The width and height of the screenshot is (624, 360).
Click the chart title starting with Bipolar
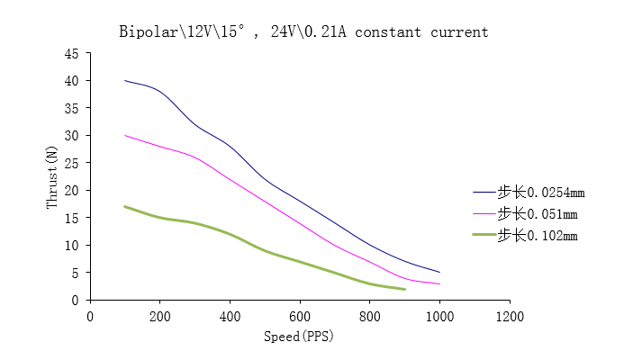pos(303,32)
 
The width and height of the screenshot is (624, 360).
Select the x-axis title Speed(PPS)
pos(299,337)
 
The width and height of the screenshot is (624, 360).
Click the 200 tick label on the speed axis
pos(159,316)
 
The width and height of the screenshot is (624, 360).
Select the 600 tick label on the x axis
pos(300,316)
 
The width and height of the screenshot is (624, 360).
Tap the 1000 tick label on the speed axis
pos(439,316)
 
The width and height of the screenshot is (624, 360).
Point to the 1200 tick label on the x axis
pos(510,316)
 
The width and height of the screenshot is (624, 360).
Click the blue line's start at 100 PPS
pos(125,81)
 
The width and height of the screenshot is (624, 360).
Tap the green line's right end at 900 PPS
pos(404,289)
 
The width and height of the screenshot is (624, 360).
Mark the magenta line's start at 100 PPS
pos(125,136)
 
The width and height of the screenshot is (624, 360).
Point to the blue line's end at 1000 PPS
pos(439,272)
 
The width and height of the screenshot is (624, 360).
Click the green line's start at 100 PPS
pos(125,206)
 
